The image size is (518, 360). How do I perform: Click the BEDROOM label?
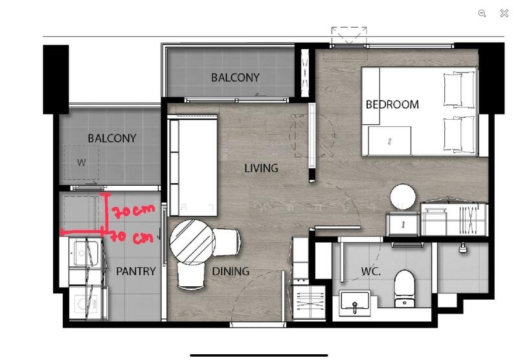392,105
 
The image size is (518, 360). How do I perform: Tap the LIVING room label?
261,168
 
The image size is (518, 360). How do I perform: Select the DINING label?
231,271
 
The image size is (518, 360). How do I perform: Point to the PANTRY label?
136,271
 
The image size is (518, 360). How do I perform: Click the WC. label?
370,271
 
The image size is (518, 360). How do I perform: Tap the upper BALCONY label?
235,78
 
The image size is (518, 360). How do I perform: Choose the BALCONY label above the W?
112,138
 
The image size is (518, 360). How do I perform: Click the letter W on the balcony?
82,162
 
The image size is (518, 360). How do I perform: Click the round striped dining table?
192,242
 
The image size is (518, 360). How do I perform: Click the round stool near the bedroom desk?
403,197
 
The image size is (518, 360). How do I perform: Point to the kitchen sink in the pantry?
85,253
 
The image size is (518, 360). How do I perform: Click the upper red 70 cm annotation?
133,211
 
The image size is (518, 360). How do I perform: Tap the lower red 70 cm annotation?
131,237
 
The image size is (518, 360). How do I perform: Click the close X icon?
504,13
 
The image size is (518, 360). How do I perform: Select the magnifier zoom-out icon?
482,13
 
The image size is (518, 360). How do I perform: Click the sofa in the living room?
193,166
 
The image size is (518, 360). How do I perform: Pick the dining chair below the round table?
191,276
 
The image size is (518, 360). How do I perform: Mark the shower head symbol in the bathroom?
463,247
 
